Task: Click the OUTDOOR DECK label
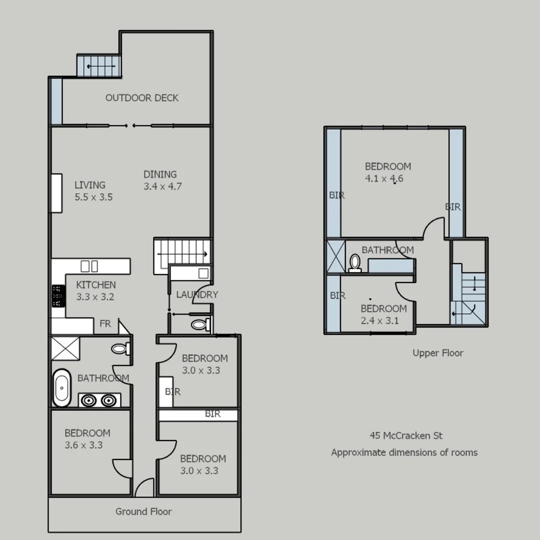141,98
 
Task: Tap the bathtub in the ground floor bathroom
62,387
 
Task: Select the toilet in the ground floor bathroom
119,348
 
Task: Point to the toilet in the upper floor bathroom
355,262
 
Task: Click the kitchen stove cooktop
58,296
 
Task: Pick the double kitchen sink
89,265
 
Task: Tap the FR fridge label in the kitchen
105,324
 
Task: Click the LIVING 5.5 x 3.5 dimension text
93,197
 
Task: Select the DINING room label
160,174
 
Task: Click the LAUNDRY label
197,294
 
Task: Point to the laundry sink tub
203,273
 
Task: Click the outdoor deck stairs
99,66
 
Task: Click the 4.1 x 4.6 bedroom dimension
384,178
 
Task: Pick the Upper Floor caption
437,353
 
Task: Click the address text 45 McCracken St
406,435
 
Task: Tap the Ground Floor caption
143,511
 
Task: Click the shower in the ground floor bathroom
65,348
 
